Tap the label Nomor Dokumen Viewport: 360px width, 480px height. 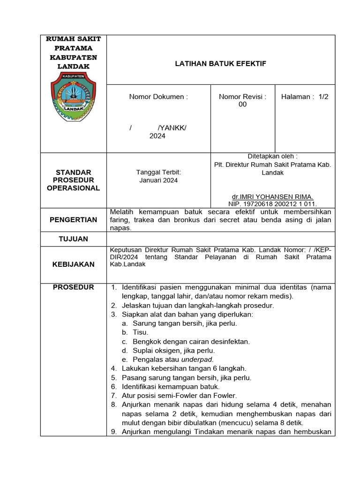[x=158, y=97]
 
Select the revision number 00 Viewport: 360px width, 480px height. [x=242, y=105]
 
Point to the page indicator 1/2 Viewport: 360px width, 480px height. [x=323, y=97]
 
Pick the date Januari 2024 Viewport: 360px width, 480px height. [x=158, y=180]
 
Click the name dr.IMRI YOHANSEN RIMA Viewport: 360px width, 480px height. [x=273, y=197]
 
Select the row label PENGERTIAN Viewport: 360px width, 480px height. [x=74, y=219]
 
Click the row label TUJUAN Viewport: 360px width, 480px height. [x=73, y=239]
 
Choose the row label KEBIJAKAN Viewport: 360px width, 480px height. [x=73, y=264]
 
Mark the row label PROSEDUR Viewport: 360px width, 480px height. [x=73, y=287]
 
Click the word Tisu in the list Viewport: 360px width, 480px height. [x=140, y=332]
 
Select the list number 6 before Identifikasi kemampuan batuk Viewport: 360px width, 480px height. [x=113, y=387]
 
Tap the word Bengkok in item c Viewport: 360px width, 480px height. [x=146, y=341]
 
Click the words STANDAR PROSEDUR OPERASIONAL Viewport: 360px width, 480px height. [x=73, y=180]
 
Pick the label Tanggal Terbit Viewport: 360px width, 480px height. [x=158, y=172]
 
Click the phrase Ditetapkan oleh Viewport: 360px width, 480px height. [x=272, y=156]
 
